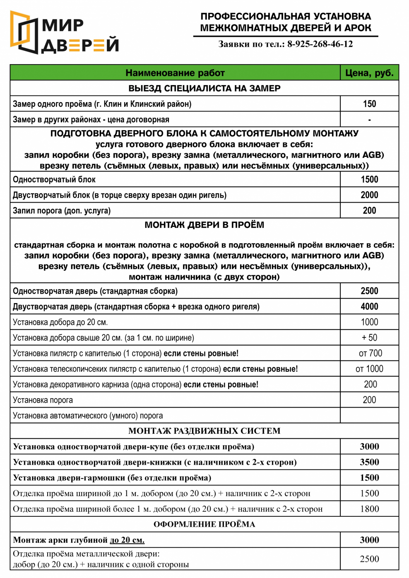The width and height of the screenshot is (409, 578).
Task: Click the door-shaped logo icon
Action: pos(24,32)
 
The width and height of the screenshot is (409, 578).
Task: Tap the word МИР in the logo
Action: pos(63,26)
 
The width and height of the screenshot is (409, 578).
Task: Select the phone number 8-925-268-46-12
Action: pos(320,44)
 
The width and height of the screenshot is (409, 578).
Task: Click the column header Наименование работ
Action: pos(175,73)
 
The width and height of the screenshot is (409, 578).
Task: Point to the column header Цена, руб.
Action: pos(369,73)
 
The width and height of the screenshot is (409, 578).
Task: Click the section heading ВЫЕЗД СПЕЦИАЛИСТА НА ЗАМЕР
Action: pos(204,88)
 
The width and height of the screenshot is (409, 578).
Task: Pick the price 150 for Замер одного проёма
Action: pos(369,104)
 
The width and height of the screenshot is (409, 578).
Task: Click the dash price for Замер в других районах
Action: pos(369,120)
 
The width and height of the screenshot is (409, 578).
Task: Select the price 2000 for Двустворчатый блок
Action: pos(369,195)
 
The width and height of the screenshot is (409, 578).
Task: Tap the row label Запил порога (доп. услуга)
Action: pos(62,211)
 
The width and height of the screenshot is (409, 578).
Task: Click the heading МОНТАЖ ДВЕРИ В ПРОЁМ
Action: pos(204,225)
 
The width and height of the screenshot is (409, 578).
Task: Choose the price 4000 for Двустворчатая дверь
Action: pos(369,307)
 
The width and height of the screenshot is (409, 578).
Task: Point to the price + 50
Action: pos(369,338)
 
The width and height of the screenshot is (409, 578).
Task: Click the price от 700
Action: pos(370,353)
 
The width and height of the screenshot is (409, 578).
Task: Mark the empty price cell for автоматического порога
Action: pos(369,416)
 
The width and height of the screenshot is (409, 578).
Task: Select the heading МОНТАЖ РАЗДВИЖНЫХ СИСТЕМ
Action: pos(204,431)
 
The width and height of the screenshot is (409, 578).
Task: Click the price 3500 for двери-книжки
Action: pos(369,462)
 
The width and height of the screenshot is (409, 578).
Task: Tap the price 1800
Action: pos(369,509)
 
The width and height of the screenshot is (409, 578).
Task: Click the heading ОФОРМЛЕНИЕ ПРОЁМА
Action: pos(204,525)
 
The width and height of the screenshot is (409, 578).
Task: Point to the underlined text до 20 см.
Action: pos(127,540)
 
